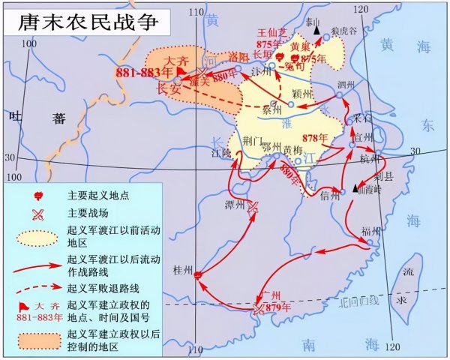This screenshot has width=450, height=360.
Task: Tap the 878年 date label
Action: tap(315, 138)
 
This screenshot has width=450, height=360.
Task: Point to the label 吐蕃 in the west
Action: tap(34, 116)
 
